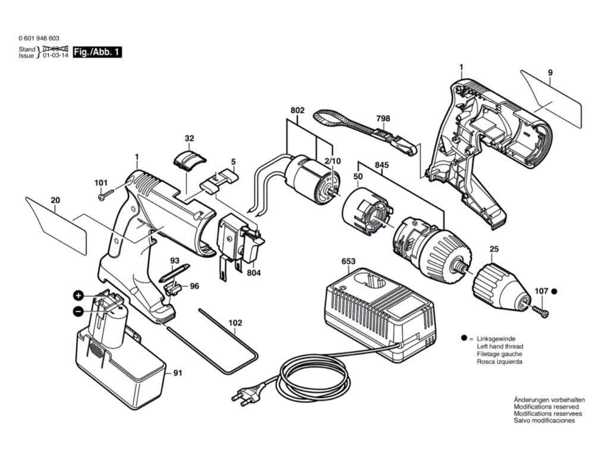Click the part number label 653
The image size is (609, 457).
click(x=349, y=262)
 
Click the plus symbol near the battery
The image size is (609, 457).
click(x=78, y=296)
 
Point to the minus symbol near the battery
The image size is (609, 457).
click(x=78, y=311)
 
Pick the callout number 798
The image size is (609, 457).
click(x=384, y=118)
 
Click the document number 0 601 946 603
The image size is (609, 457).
click(x=39, y=37)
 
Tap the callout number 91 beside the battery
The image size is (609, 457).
click(x=177, y=373)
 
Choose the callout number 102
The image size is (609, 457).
click(x=236, y=323)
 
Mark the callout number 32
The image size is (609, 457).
click(x=189, y=139)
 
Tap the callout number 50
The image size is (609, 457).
click(x=358, y=177)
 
